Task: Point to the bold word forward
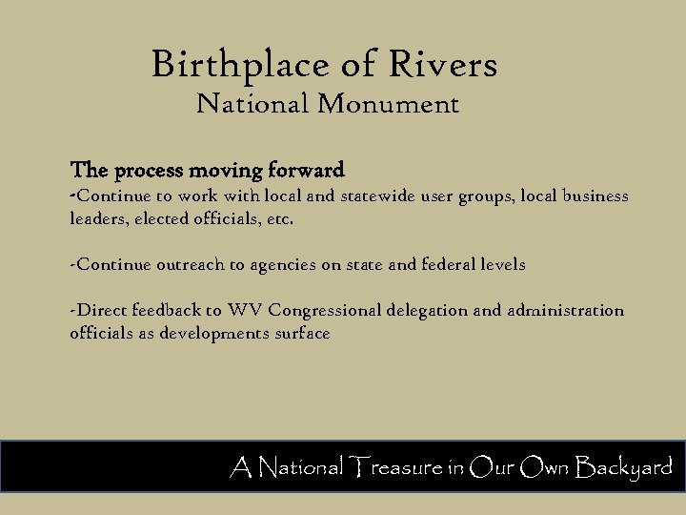tap(306, 172)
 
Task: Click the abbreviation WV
tap(245, 311)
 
